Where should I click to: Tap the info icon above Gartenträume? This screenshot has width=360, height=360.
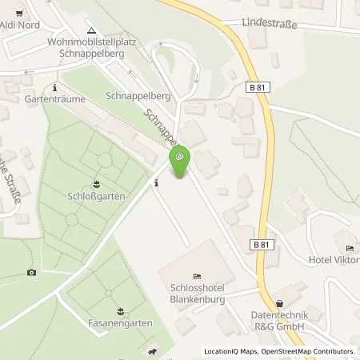point(54,87)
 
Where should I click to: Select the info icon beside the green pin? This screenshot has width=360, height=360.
point(156,182)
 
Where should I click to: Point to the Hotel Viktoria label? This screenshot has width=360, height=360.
point(334,259)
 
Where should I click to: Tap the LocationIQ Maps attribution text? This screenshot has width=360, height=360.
point(232,351)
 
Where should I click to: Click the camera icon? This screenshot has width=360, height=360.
point(31,272)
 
